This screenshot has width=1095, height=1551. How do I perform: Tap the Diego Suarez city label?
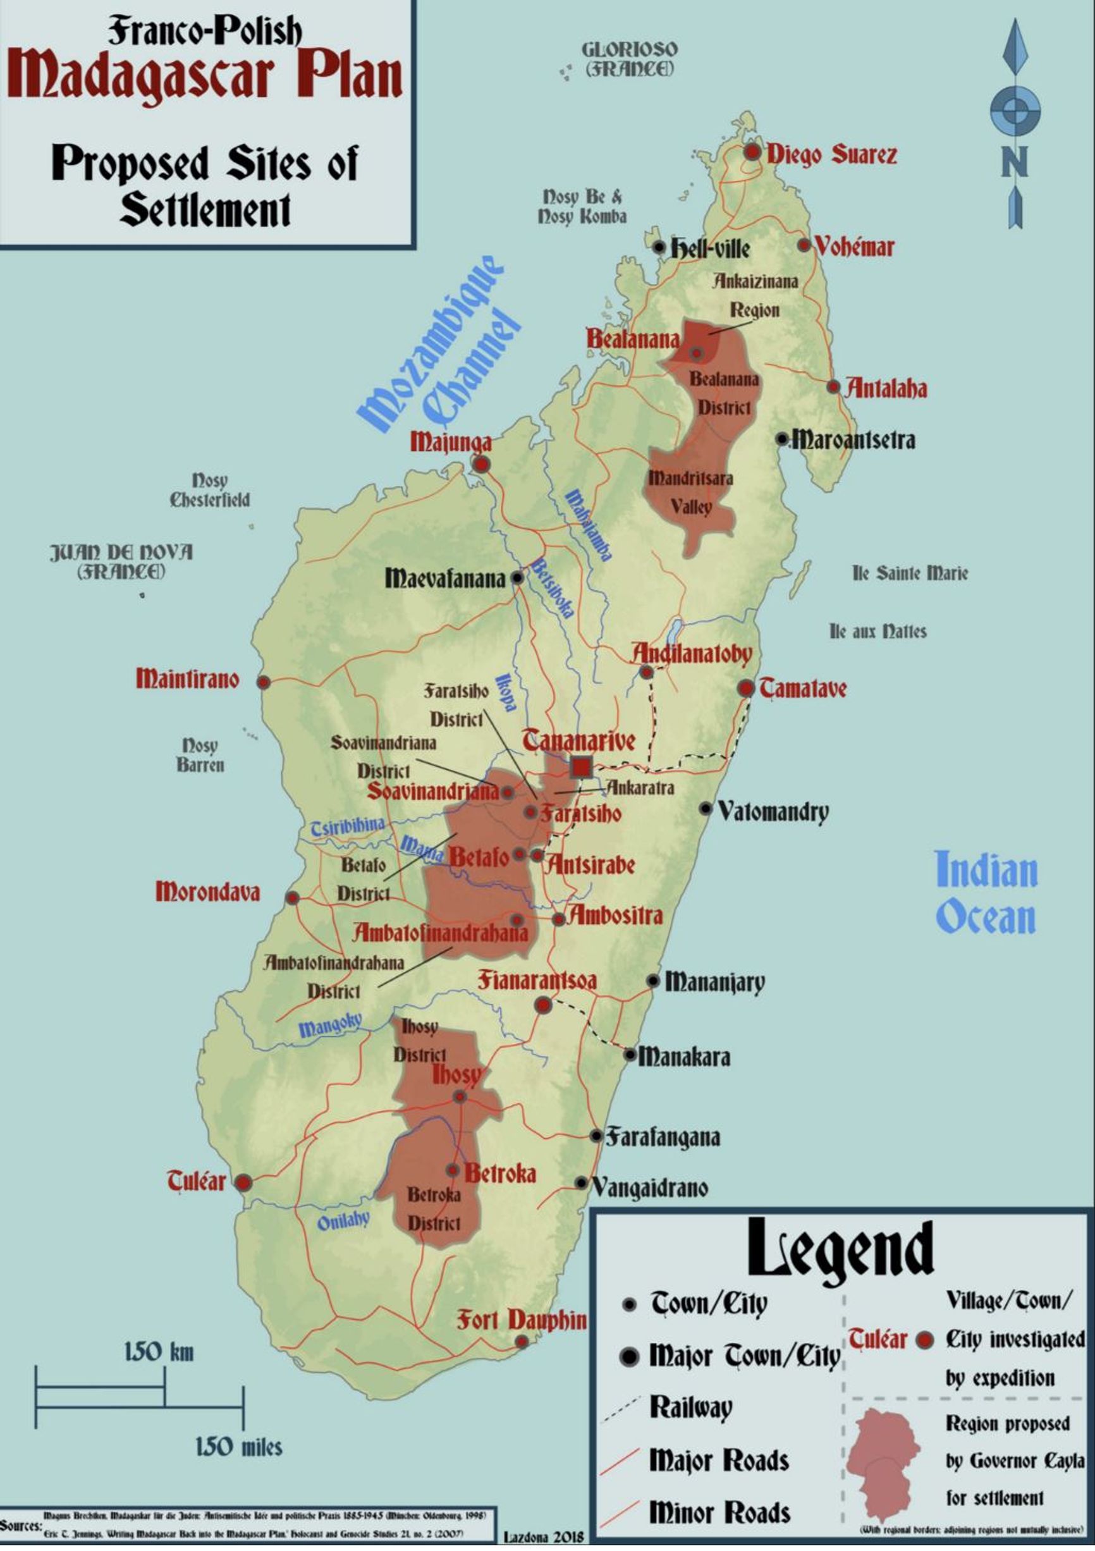click(x=831, y=154)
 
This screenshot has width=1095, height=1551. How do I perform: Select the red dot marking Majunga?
click(x=481, y=464)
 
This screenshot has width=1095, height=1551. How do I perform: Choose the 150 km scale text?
click(x=159, y=1351)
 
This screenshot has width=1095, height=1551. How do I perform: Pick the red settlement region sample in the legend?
click(x=884, y=1464)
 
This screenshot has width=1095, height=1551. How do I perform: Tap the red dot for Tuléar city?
click(x=243, y=1182)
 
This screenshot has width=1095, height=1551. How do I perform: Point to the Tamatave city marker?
click(x=746, y=689)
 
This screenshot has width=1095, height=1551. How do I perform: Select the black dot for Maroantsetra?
click(x=781, y=439)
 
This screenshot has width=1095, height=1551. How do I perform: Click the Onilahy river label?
click(x=343, y=1220)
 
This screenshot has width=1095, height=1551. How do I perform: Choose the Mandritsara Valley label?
click(x=690, y=492)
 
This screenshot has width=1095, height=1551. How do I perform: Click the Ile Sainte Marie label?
click(x=909, y=573)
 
